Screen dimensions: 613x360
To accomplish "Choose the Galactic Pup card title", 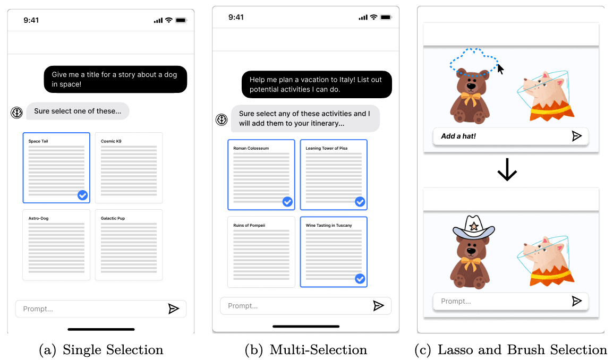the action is tap(113, 218).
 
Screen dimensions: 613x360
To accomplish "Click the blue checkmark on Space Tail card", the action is tap(82, 195).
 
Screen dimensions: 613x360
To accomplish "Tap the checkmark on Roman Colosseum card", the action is tap(287, 202).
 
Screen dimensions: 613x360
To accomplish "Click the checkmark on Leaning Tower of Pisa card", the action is tap(360, 202).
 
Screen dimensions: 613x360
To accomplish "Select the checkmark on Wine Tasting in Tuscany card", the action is tap(360, 279).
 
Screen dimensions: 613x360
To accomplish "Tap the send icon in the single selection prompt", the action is tap(174, 308).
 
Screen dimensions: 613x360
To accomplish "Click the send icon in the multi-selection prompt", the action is tap(378, 305).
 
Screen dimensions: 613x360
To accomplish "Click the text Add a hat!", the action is tap(458, 136).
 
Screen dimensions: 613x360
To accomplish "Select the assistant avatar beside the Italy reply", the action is tap(222, 119).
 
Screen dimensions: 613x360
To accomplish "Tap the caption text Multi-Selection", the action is tap(318, 350).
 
